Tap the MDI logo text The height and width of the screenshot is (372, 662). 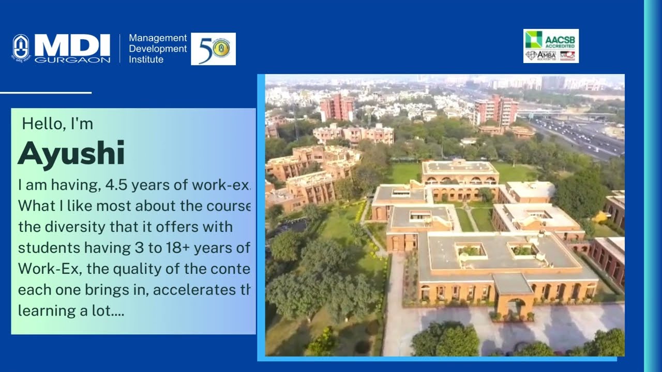click(72, 45)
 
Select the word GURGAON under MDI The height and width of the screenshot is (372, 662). click(72, 60)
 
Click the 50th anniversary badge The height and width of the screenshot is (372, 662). click(213, 49)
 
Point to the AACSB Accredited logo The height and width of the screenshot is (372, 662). click(551, 39)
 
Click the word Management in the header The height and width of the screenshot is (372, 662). click(158, 38)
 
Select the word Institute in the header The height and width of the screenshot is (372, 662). click(146, 59)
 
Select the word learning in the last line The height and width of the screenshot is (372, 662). click(41, 311)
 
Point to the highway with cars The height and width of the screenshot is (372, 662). click(579, 134)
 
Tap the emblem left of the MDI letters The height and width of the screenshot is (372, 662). click(21, 48)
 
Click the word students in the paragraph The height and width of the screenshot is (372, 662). click(43, 247)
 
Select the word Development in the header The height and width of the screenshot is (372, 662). click(158, 49)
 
